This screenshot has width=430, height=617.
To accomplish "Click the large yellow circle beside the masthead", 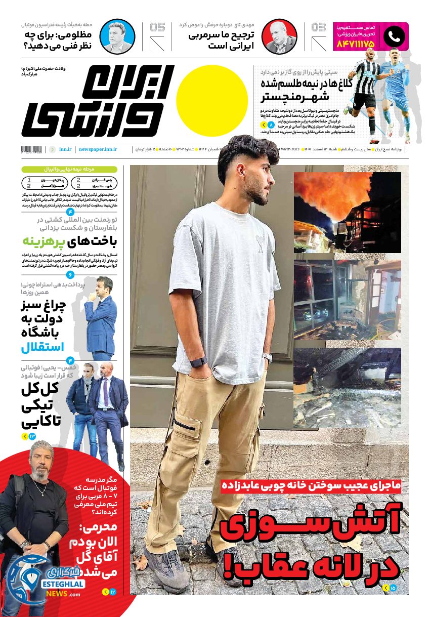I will pyautogui.click(x=212, y=101).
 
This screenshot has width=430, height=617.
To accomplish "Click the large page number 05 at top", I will pyautogui.click(x=157, y=27).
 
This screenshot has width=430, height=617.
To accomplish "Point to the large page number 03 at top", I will pyautogui.click(x=319, y=27).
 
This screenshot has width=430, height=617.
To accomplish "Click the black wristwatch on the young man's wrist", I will pyautogui.click(x=198, y=362).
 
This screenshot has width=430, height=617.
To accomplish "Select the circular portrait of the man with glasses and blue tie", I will pyautogui.click(x=117, y=36).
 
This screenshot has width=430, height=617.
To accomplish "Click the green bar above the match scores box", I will pyautogui.click(x=69, y=170).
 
